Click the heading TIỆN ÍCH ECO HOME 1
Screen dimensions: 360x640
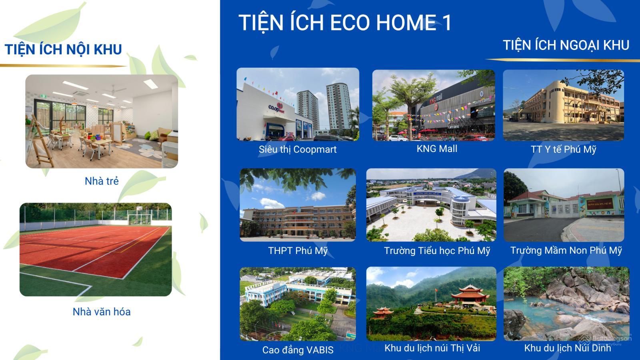pos(345,22)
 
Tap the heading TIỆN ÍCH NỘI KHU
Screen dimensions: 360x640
pos(63,50)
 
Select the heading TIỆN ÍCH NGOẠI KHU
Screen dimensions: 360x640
pos(566,45)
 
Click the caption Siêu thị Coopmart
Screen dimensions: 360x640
pos(298,150)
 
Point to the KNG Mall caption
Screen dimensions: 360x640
pos(437,149)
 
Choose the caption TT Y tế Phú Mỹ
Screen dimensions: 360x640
pos(563,150)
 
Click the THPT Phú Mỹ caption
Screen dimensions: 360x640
pos(298,251)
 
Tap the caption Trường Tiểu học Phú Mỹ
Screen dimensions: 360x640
pos(437,251)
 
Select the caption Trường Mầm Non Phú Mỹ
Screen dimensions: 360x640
pos(566,250)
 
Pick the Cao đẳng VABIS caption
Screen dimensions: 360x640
pos(298,350)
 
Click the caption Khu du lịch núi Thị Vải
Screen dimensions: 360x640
pos(432,348)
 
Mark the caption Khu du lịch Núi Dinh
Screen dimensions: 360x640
pos(567,348)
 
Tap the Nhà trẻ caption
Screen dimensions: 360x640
pos(102,181)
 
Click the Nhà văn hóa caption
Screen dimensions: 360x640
pos(102,312)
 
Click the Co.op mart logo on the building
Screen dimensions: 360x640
pos(276,108)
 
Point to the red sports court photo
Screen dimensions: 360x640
pos(96,250)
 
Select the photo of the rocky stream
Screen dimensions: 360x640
pos(566,304)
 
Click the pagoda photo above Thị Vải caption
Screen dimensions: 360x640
pos(431,304)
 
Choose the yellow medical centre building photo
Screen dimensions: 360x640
pos(563,105)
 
